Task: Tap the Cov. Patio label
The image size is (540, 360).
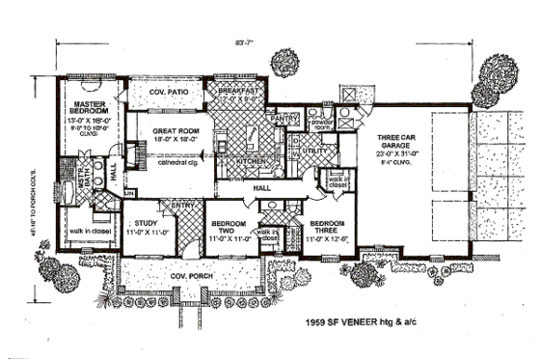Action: (x=169, y=92)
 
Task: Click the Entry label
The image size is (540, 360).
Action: (x=183, y=205)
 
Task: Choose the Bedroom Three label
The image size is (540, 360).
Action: (x=327, y=228)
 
